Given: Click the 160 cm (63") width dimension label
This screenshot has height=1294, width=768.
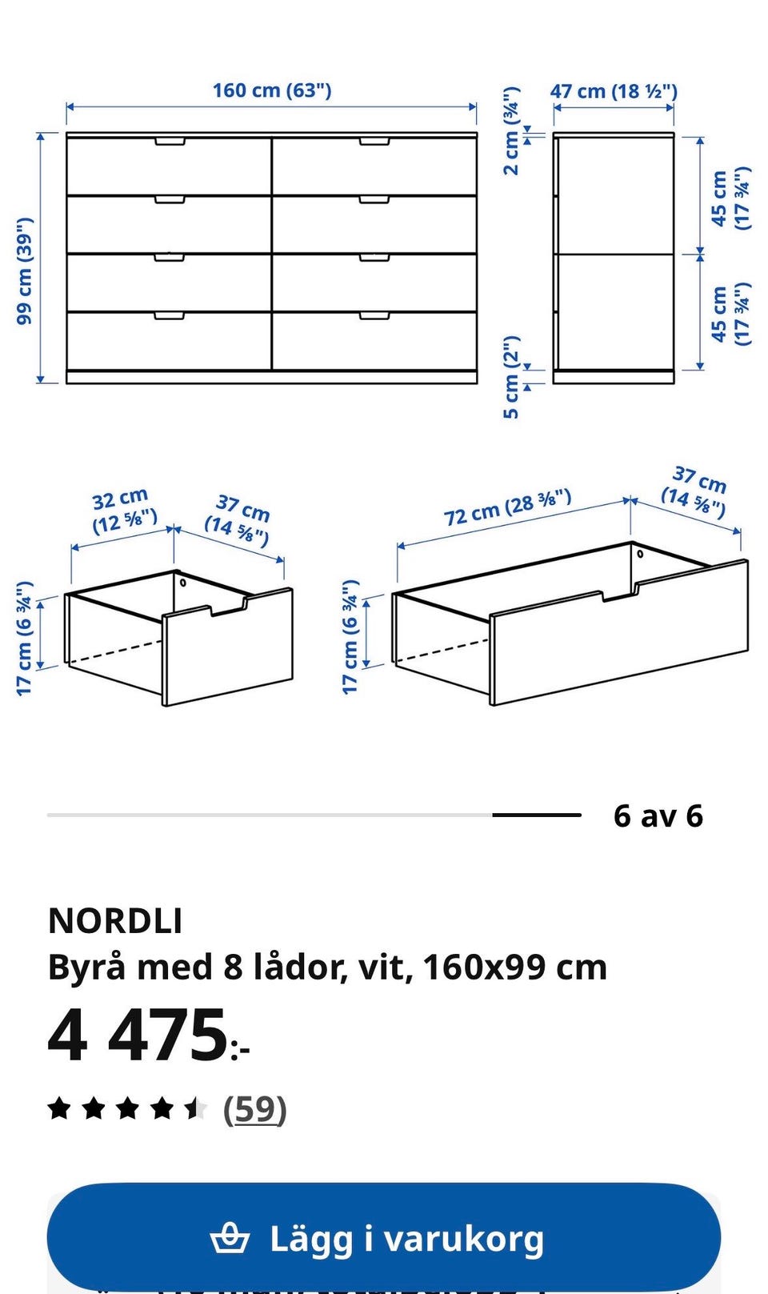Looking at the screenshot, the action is pos(272,90).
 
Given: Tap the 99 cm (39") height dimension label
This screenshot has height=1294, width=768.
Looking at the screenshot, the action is pos(26,271).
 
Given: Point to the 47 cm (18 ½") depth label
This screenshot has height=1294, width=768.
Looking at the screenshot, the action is pos(614,91).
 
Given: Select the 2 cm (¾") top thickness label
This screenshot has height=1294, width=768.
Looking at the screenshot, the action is pos(511,131).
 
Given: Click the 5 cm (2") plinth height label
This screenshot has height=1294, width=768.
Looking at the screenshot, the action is pos(511,377).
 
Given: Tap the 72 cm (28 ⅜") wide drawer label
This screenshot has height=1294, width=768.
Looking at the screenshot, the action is pos(507,507).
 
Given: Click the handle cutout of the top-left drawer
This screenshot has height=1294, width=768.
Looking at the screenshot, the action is pos(170,142).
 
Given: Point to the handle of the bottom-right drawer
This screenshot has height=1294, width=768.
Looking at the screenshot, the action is pos(374,316).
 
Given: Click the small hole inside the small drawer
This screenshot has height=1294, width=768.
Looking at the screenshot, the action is pos(183,582).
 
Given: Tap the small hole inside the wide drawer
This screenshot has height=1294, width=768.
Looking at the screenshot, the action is pos(640,554).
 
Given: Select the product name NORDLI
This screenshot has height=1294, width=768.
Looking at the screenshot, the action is pos(115,921).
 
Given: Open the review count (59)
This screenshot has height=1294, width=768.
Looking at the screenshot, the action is pos(254,1108).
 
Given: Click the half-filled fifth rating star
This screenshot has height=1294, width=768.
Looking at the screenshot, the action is pos(195,1108).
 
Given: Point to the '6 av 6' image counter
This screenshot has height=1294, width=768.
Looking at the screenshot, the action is pos(658,815).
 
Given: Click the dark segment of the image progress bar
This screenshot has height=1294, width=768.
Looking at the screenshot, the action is pos(537,815).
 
